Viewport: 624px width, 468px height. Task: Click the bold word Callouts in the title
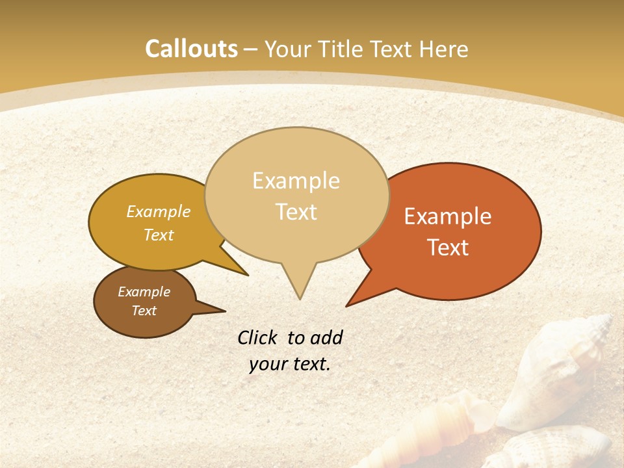pyautogui.click(x=191, y=49)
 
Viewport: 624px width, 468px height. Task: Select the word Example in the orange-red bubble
pyautogui.click(x=448, y=216)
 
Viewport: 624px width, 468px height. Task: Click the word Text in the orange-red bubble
pyautogui.click(x=448, y=248)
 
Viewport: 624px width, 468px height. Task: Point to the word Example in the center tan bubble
pyautogui.click(x=296, y=181)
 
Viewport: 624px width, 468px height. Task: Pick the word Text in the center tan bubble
pyautogui.click(x=296, y=212)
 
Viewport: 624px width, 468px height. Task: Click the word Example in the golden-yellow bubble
pyautogui.click(x=159, y=211)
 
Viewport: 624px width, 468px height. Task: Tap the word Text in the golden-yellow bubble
pyautogui.click(x=159, y=235)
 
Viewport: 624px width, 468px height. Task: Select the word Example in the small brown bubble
pyautogui.click(x=144, y=292)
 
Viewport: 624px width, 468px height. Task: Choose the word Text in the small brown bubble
pyautogui.click(x=144, y=311)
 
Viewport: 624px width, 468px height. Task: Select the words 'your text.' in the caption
pyautogui.click(x=290, y=364)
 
